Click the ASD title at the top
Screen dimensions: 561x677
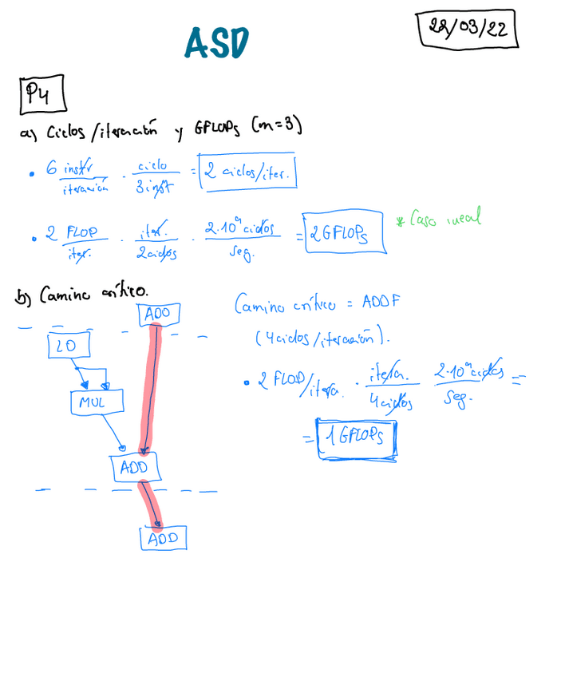pos(216,43)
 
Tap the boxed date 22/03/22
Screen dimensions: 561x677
pos(467,30)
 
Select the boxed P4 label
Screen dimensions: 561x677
pos(41,95)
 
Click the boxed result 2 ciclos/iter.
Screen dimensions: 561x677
pos(248,171)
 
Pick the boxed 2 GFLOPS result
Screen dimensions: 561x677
pos(345,234)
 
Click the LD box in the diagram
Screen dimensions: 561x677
pos(68,345)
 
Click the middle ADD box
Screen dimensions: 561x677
pos(135,467)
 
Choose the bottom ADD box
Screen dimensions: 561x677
pos(164,538)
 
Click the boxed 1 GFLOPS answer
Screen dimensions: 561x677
pos(356,438)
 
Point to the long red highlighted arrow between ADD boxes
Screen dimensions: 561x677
pos(149,391)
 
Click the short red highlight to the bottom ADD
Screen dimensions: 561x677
pos(150,505)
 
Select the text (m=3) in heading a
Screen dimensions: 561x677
pos(275,126)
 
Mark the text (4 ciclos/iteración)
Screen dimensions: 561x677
pos(323,338)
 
